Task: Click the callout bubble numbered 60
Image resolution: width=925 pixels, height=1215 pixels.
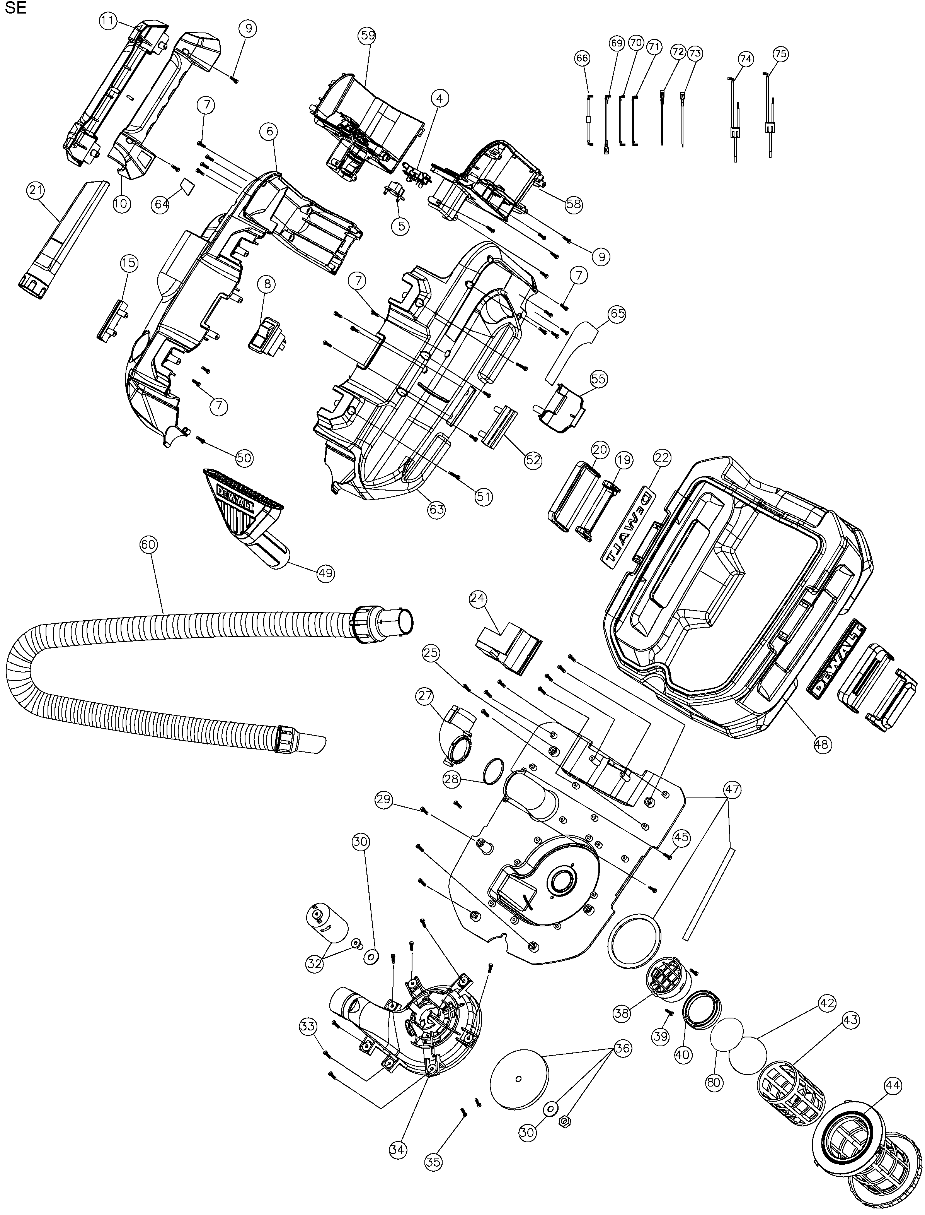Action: [x=149, y=544]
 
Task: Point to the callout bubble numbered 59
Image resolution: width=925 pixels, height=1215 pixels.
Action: [x=367, y=35]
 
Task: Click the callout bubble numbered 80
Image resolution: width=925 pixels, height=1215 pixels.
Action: [x=714, y=1082]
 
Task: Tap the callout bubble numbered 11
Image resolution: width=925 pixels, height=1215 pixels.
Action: [x=108, y=22]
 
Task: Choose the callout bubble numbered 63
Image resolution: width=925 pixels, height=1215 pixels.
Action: [x=437, y=510]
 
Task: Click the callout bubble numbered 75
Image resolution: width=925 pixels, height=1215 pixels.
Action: [x=780, y=54]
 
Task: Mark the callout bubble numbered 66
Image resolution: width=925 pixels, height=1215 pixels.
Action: [x=582, y=58]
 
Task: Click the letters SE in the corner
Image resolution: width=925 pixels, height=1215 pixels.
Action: [x=15, y=9]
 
